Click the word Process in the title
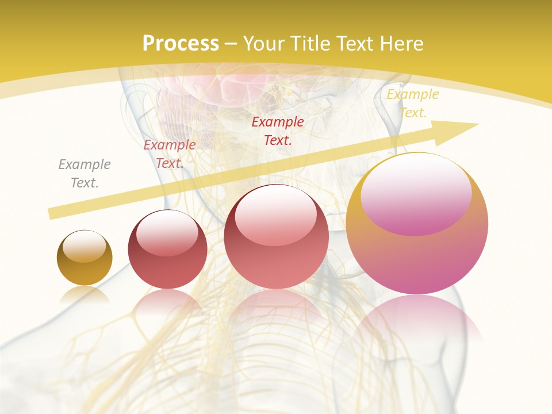click(x=181, y=44)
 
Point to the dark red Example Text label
click(x=278, y=131)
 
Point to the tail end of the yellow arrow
click(x=53, y=213)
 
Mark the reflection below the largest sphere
click(x=417, y=322)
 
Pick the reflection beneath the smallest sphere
click(x=85, y=294)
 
